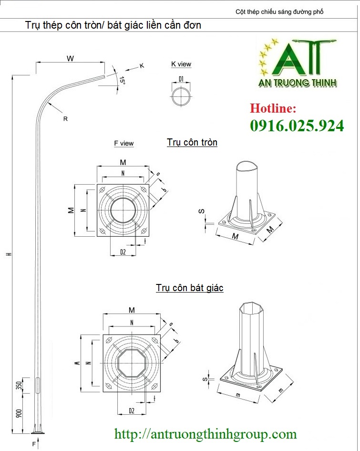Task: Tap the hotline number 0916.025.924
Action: pos(297,126)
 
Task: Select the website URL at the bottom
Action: pos(206,434)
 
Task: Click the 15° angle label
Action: pos(122,81)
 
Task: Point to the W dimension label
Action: pos(71,58)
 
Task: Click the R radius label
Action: pos(65,118)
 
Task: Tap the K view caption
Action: pos(181,64)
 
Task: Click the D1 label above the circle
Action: pos(181,79)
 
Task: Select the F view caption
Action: pos(124,143)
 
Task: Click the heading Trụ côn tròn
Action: pos(192,142)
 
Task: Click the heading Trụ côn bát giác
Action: pos(190,288)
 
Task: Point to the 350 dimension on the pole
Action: pos(19,386)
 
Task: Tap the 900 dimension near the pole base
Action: pos(19,413)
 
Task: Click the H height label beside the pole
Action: pos(9,254)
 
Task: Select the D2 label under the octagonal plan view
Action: pos(132,411)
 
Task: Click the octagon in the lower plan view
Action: pos(132,363)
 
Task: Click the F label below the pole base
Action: pos(34,444)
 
